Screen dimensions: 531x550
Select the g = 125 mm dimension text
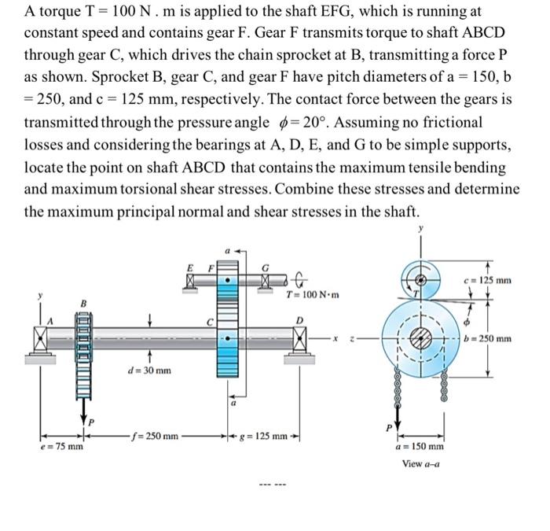pyautogui.click(x=262, y=435)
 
